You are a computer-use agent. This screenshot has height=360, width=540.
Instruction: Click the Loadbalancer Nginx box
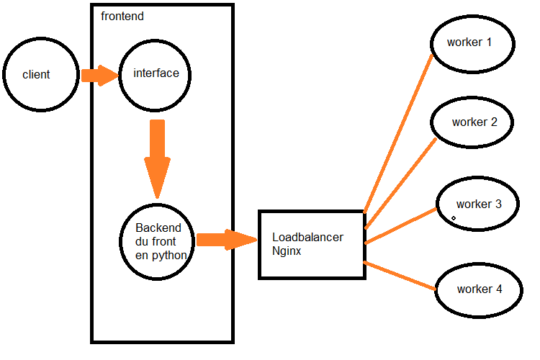312,244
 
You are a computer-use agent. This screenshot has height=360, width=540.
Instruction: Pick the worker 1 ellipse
472,43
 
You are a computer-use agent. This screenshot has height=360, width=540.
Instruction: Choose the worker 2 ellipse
472,122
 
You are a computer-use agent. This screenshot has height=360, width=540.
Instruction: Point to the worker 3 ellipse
478,204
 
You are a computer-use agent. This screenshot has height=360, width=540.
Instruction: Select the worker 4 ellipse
478,289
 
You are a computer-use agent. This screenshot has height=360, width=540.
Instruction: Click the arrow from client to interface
99,75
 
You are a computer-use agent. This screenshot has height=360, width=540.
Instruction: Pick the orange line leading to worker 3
401,226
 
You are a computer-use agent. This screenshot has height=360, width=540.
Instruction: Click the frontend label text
122,16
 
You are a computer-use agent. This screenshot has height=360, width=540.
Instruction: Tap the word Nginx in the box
288,251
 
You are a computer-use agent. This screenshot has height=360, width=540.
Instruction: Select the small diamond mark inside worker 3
454,217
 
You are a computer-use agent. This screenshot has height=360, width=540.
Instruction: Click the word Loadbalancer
307,237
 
